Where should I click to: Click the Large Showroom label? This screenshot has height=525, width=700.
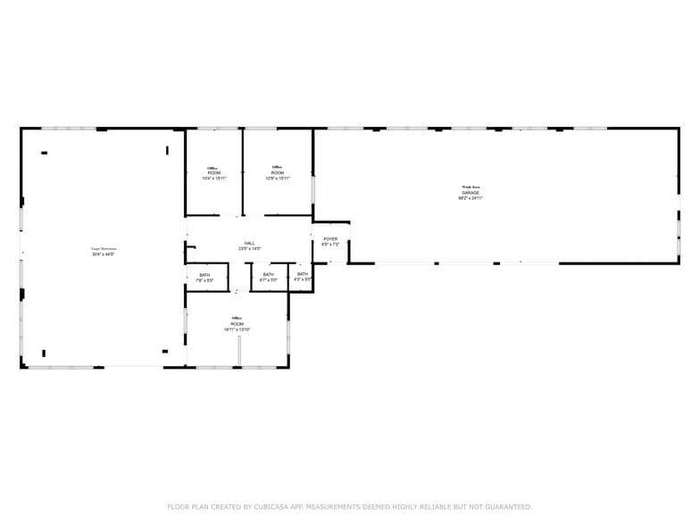point(104,249)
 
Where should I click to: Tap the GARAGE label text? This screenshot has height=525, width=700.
point(470,193)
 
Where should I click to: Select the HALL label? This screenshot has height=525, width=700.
point(250,243)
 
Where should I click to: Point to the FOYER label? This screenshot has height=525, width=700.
point(330,239)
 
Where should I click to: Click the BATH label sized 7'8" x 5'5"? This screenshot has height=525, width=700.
point(204,275)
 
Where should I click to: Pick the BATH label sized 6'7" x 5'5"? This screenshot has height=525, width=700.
point(268,275)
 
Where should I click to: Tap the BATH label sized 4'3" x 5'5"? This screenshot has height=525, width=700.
point(303,275)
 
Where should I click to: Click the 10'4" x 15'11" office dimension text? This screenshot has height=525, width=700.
point(213,179)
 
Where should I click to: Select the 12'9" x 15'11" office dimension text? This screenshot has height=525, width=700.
point(277,179)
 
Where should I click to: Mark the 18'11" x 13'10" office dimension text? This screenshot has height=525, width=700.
point(237,329)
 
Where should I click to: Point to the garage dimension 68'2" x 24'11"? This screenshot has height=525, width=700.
point(470,198)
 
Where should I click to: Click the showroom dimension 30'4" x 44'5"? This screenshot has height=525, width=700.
point(104,254)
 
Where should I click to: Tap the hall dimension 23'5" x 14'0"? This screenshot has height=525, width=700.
point(250,248)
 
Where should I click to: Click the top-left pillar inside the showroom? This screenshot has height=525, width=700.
point(44,153)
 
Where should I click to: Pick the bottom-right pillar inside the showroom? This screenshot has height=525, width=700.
point(164,351)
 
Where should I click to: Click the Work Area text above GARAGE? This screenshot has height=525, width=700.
point(470,187)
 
